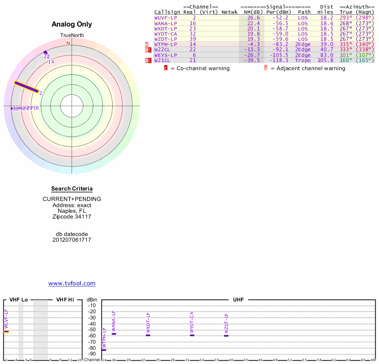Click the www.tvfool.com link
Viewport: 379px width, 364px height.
[x=72, y=283]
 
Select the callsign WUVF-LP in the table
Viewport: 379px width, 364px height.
[x=166, y=18]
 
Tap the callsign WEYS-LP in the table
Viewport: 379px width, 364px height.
[x=166, y=55]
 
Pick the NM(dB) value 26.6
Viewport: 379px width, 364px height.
[x=253, y=18]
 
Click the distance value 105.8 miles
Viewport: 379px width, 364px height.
[x=325, y=60]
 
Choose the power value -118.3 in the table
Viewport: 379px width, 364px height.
[x=278, y=60]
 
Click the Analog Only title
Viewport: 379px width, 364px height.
[x=72, y=24]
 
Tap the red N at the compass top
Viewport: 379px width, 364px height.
[x=68, y=44]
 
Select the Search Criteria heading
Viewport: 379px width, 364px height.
[x=72, y=189]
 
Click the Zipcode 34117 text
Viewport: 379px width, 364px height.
[x=72, y=217]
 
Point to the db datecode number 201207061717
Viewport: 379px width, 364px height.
[x=72, y=240]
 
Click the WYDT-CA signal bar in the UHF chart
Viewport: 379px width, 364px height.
[x=192, y=335]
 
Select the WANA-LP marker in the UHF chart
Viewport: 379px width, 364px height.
[x=114, y=334]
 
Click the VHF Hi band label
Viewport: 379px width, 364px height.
[x=65, y=300]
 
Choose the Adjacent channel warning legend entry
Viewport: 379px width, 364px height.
[x=305, y=68]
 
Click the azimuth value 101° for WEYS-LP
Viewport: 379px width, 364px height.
[x=346, y=55]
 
